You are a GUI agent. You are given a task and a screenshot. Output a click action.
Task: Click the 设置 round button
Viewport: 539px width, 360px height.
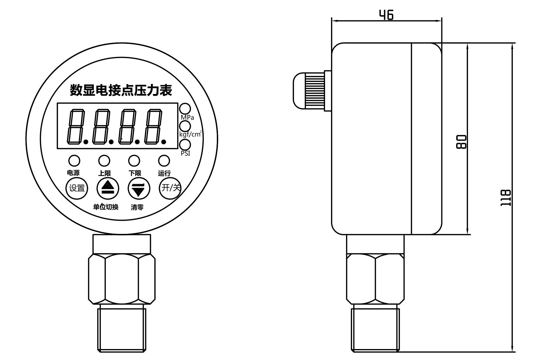tap(77, 188)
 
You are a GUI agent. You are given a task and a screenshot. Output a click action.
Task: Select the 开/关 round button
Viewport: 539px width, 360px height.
tap(170, 188)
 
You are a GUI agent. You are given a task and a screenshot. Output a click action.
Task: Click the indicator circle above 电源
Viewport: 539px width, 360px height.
tap(74, 161)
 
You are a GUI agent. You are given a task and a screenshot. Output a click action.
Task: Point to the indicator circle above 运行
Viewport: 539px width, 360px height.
tap(164, 161)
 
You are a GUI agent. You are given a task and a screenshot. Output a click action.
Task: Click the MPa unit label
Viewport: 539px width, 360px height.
tap(187, 118)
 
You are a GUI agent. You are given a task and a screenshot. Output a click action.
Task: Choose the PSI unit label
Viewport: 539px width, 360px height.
tap(186, 153)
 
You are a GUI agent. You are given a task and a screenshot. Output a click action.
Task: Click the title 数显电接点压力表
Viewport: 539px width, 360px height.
tap(121, 90)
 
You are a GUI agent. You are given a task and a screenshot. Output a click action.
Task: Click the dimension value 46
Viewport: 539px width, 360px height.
tap(386, 15)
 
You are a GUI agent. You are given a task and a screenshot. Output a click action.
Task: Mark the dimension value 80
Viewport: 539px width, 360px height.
tap(461, 142)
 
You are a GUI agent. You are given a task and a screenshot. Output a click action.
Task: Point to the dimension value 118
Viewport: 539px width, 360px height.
tap(505, 198)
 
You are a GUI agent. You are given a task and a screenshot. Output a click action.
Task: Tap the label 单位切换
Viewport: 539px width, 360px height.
tap(106, 207)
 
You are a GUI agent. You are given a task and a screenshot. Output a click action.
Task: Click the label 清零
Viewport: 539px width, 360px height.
tap(137, 207)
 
